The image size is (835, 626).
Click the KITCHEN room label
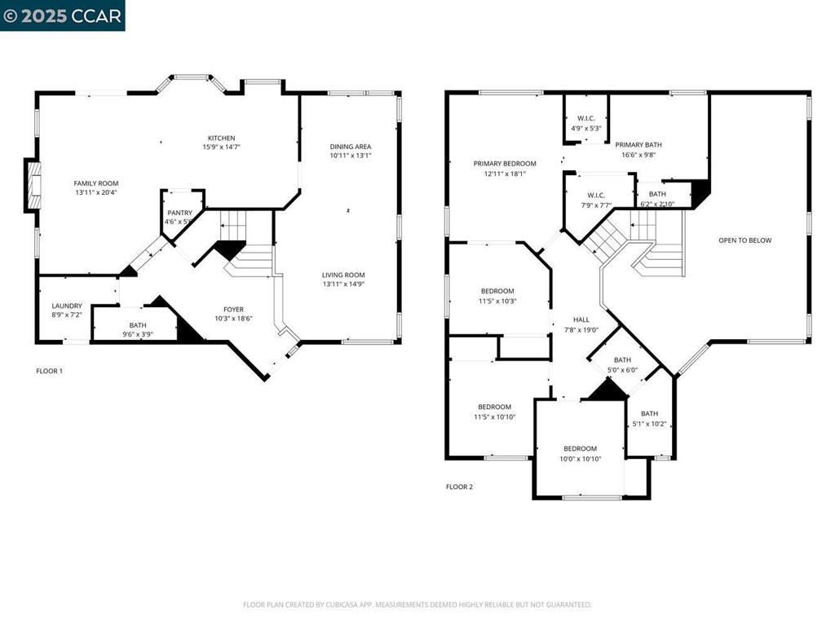(x=221, y=138)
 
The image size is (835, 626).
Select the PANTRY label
(x=179, y=213)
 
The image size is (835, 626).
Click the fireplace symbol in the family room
(x=33, y=187)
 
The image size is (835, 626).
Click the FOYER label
(x=234, y=309)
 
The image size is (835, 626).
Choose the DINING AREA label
(x=351, y=146)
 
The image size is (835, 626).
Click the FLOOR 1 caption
(x=49, y=371)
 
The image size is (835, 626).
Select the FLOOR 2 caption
(x=459, y=487)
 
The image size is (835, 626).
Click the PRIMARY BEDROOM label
(x=505, y=163)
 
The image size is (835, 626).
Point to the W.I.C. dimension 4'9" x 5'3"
(x=585, y=128)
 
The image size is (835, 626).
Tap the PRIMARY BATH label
(x=638, y=144)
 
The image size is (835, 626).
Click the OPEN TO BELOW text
(x=744, y=240)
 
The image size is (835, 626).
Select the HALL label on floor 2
(x=581, y=320)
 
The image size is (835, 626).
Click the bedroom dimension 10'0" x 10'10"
(x=580, y=459)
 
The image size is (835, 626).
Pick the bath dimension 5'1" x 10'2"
(x=649, y=424)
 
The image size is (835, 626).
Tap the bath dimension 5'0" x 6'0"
(x=622, y=370)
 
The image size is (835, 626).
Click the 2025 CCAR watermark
(x=62, y=15)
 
